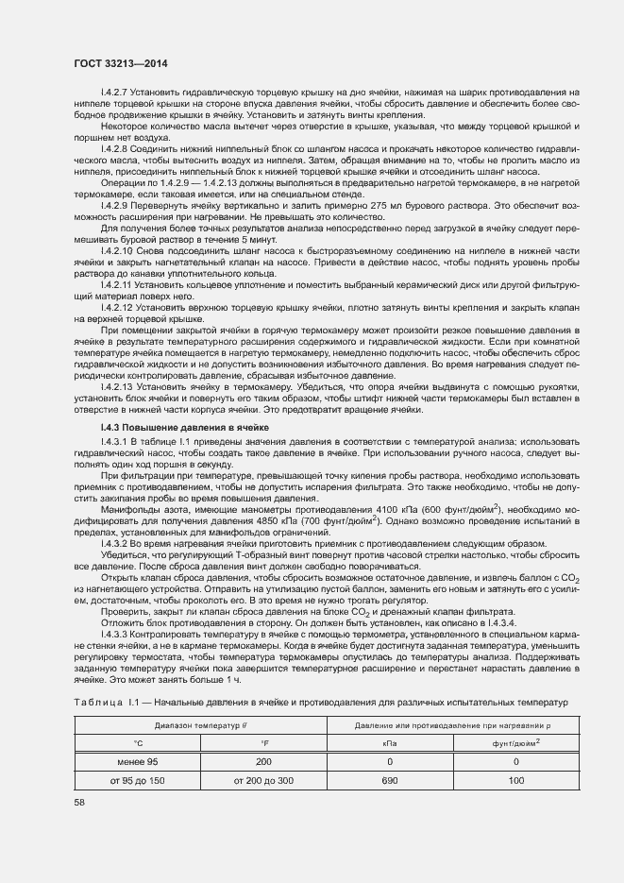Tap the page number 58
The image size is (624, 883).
coord(78,802)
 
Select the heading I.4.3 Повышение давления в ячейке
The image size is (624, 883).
coord(185,428)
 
